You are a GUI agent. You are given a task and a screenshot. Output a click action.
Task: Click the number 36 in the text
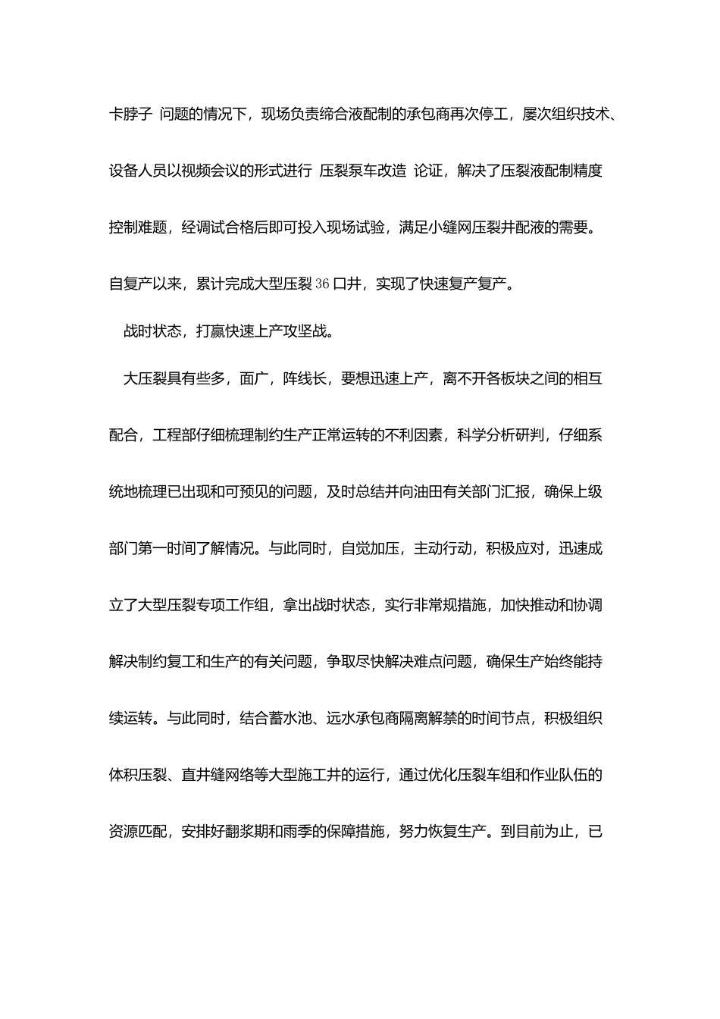click(322, 284)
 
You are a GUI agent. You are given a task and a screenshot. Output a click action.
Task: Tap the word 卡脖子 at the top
click(131, 114)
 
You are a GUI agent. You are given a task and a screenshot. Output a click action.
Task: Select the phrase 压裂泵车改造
click(363, 171)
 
